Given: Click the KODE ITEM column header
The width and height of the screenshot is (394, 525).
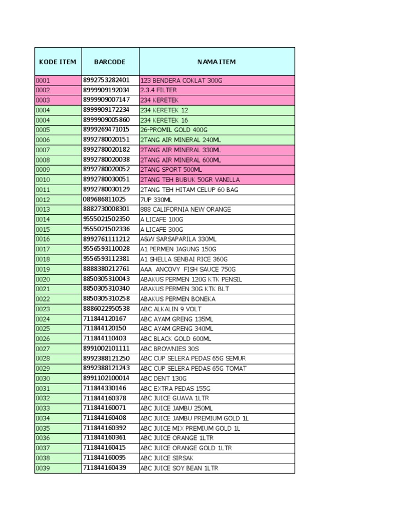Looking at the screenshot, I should (57, 62).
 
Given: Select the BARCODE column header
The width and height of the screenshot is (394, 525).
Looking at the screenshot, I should (110, 62).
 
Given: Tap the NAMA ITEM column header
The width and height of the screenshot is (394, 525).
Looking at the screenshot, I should (216, 62).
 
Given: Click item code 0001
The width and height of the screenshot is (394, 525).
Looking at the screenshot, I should (43, 80).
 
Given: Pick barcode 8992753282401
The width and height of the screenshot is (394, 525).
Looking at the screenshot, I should (106, 80).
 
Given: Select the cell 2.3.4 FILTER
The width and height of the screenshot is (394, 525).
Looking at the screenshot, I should (159, 90).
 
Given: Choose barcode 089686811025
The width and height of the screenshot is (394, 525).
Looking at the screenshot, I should (104, 199).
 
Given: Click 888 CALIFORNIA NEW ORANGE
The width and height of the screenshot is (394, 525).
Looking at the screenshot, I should (186, 209).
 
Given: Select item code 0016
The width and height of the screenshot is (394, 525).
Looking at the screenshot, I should (43, 239).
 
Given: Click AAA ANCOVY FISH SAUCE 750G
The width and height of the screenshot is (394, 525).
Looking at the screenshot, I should (188, 269).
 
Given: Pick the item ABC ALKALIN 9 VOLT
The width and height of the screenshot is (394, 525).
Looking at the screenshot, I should (171, 309).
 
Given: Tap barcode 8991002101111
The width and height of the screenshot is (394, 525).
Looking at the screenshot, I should (106, 349).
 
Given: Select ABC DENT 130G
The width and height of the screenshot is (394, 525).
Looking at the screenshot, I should (163, 378).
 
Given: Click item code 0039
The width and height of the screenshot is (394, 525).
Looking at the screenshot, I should (43, 468).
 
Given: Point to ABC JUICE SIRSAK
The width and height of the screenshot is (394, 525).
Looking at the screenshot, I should (166, 458).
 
